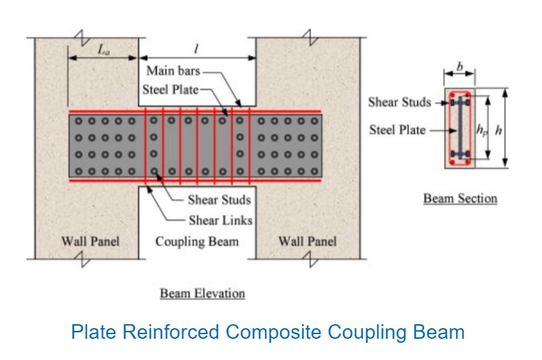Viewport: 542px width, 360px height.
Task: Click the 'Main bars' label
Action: point(174,71)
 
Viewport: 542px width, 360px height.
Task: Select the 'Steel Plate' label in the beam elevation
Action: point(170,90)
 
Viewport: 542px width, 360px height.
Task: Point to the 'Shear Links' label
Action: point(220,220)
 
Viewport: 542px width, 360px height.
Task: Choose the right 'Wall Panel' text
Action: point(307,241)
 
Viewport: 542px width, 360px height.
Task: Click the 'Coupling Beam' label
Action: point(197,241)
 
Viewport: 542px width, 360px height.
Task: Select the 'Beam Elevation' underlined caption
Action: point(202,293)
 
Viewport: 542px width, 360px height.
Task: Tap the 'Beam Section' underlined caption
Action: point(460,198)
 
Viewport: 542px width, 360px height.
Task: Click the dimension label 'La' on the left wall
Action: point(103,51)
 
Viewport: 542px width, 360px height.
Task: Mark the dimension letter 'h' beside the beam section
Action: point(498,130)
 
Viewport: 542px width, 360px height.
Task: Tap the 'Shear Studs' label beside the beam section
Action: point(399,103)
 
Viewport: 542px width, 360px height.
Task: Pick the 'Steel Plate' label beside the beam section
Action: point(397,130)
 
